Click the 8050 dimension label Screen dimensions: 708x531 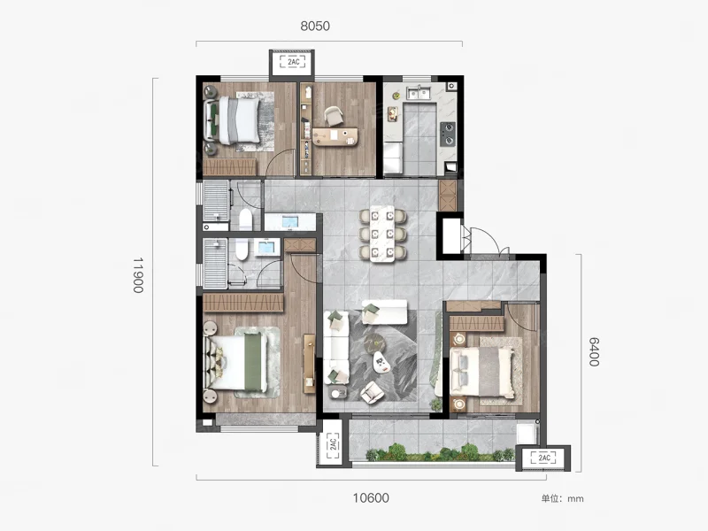315,27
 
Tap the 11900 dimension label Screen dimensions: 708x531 138,275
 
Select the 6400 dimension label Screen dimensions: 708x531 594,351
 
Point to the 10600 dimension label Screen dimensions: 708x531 371,498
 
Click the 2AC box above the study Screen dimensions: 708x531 293,62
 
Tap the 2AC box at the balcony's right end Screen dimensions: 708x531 544,458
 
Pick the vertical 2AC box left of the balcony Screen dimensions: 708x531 334,444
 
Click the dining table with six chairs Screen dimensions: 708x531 382,234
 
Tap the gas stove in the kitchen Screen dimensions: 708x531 448,135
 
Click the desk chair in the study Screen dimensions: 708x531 334,116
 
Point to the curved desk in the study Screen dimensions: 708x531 335,137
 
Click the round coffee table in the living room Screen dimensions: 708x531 374,342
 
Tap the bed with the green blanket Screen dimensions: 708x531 237,362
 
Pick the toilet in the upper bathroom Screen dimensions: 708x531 245,219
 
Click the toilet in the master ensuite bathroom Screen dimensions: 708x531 242,250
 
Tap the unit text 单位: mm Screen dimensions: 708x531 562,499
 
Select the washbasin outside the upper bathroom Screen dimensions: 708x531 290,222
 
